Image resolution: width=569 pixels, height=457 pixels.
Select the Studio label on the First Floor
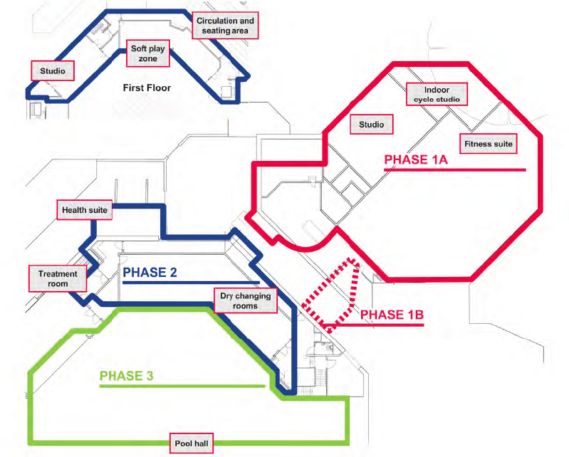point(53,70)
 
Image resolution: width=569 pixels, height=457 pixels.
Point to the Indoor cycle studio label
point(437,95)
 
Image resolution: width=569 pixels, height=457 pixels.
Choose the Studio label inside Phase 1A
point(371,125)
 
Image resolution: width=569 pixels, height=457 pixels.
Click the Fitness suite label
point(489,144)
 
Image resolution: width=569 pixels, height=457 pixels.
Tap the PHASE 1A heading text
point(416,160)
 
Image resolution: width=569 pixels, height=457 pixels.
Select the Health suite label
point(85,209)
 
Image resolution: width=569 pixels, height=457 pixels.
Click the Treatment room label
point(57,278)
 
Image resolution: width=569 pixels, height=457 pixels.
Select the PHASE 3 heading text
point(126,376)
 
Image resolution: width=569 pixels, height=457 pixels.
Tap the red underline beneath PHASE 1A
point(455,170)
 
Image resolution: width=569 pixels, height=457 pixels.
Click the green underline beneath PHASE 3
point(182,387)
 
